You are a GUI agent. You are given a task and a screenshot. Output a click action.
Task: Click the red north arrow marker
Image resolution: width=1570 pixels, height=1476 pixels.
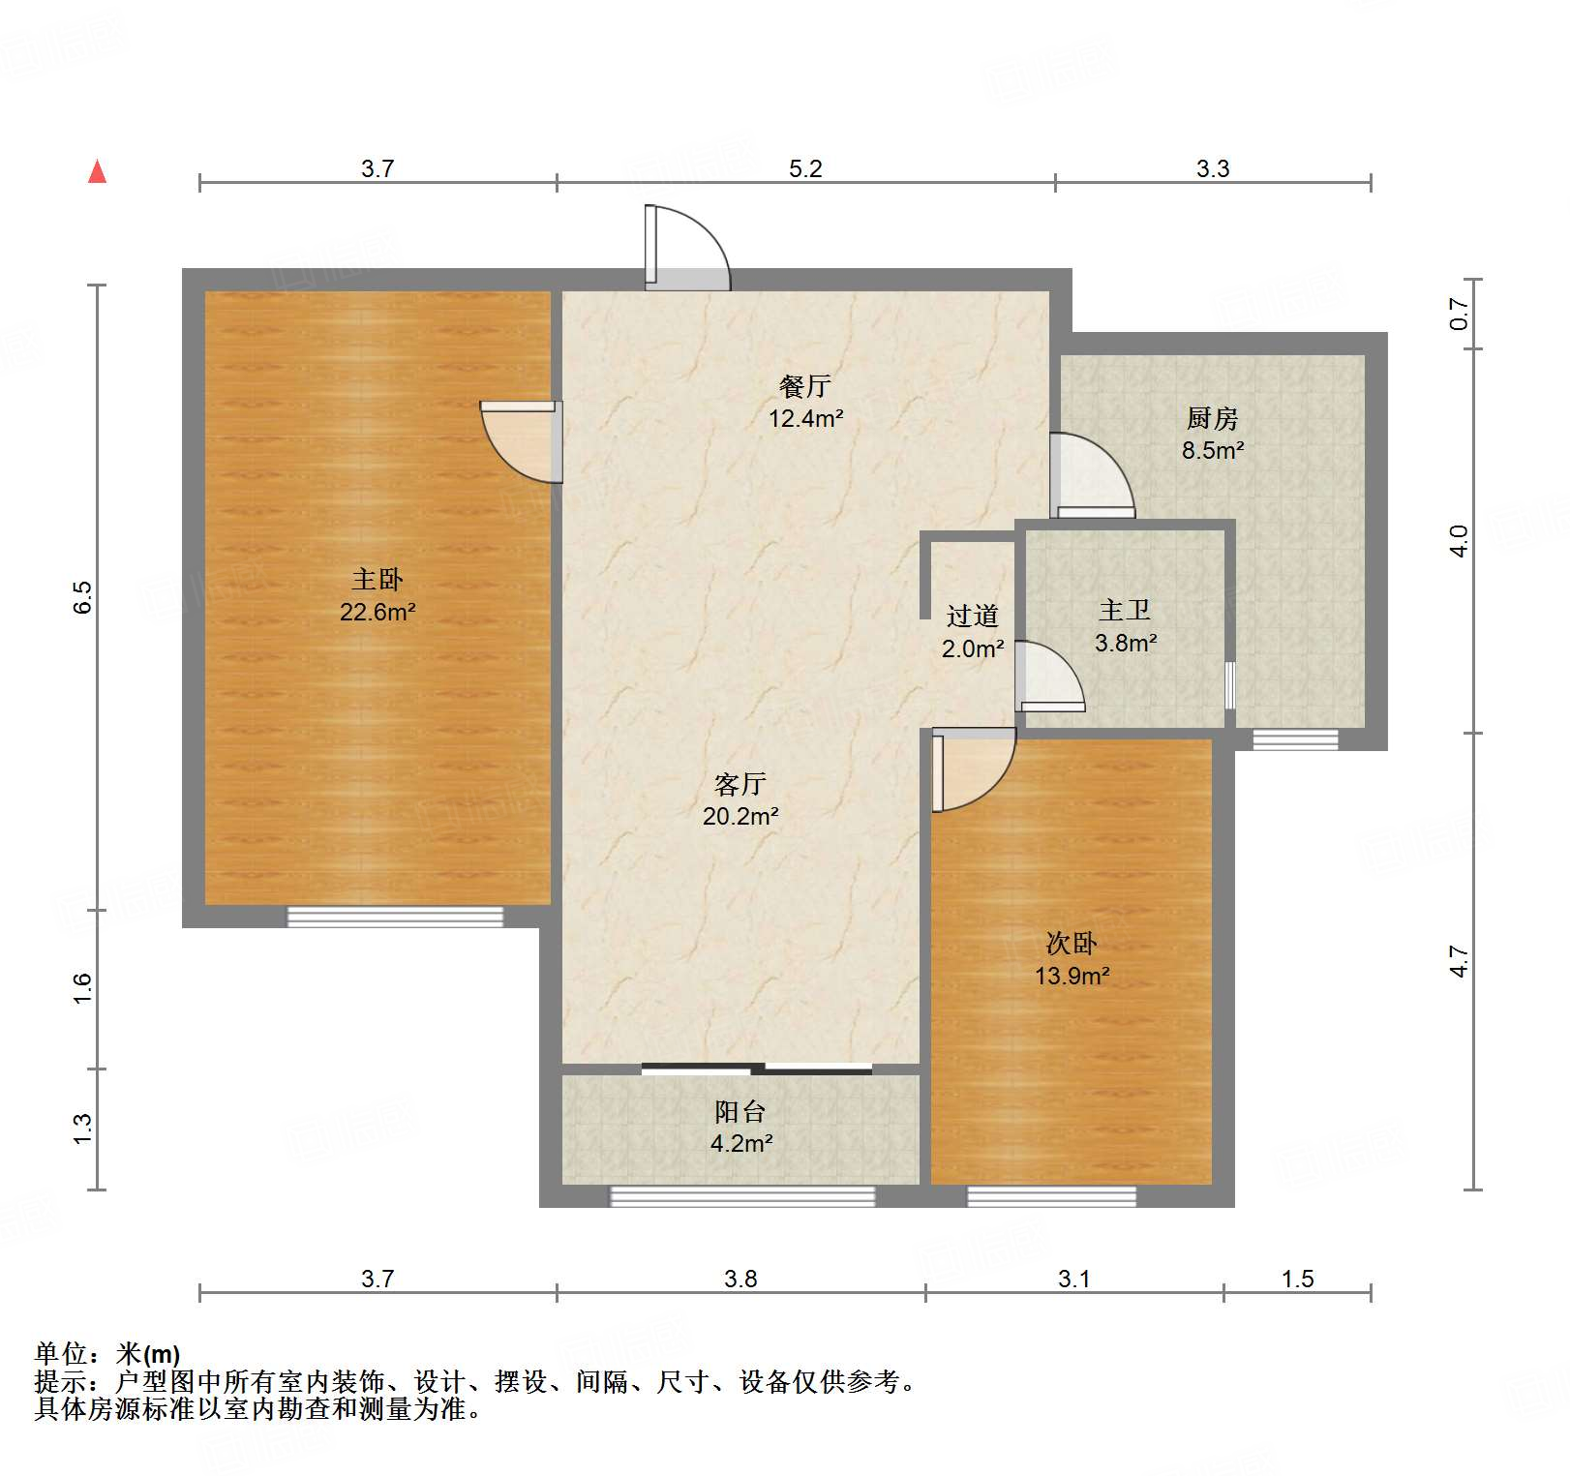coord(97,171)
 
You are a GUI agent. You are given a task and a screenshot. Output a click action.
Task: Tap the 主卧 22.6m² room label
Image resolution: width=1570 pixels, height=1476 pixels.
coord(377,595)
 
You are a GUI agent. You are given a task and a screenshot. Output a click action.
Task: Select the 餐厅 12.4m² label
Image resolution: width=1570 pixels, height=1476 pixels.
coord(805,402)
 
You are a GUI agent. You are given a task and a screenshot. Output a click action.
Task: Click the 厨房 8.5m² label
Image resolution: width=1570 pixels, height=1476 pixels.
coord(1212,434)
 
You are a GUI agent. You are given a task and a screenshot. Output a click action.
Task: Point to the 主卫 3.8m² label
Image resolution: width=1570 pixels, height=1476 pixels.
coord(1126,626)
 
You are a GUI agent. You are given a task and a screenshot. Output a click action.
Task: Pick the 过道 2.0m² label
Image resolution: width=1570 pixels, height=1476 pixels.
coord(972,632)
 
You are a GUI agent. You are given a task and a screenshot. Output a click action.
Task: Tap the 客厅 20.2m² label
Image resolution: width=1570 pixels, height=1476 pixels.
coord(740,799)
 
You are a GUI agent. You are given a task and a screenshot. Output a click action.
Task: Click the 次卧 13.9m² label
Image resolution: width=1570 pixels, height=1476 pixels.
coord(1072,959)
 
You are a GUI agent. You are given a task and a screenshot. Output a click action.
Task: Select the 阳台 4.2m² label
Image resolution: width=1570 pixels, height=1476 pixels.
coord(740,1128)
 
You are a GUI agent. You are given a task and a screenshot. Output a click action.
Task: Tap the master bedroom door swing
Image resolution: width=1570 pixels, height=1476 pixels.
coord(523,442)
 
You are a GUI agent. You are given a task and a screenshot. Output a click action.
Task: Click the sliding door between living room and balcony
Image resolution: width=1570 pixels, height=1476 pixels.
coord(757,1069)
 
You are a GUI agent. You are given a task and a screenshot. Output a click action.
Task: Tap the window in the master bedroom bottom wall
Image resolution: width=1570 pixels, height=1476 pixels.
coord(395,917)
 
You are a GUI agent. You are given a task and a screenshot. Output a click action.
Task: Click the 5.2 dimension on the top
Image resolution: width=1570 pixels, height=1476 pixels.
coord(804,168)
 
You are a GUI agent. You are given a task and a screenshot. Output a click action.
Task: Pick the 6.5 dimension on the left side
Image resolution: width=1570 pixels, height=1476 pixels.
coord(82,596)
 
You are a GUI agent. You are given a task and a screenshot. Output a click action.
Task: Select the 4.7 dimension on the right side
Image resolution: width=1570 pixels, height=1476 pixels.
coord(1459,960)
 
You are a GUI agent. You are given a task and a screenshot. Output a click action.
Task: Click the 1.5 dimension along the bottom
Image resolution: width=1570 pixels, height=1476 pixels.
coord(1297,1279)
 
